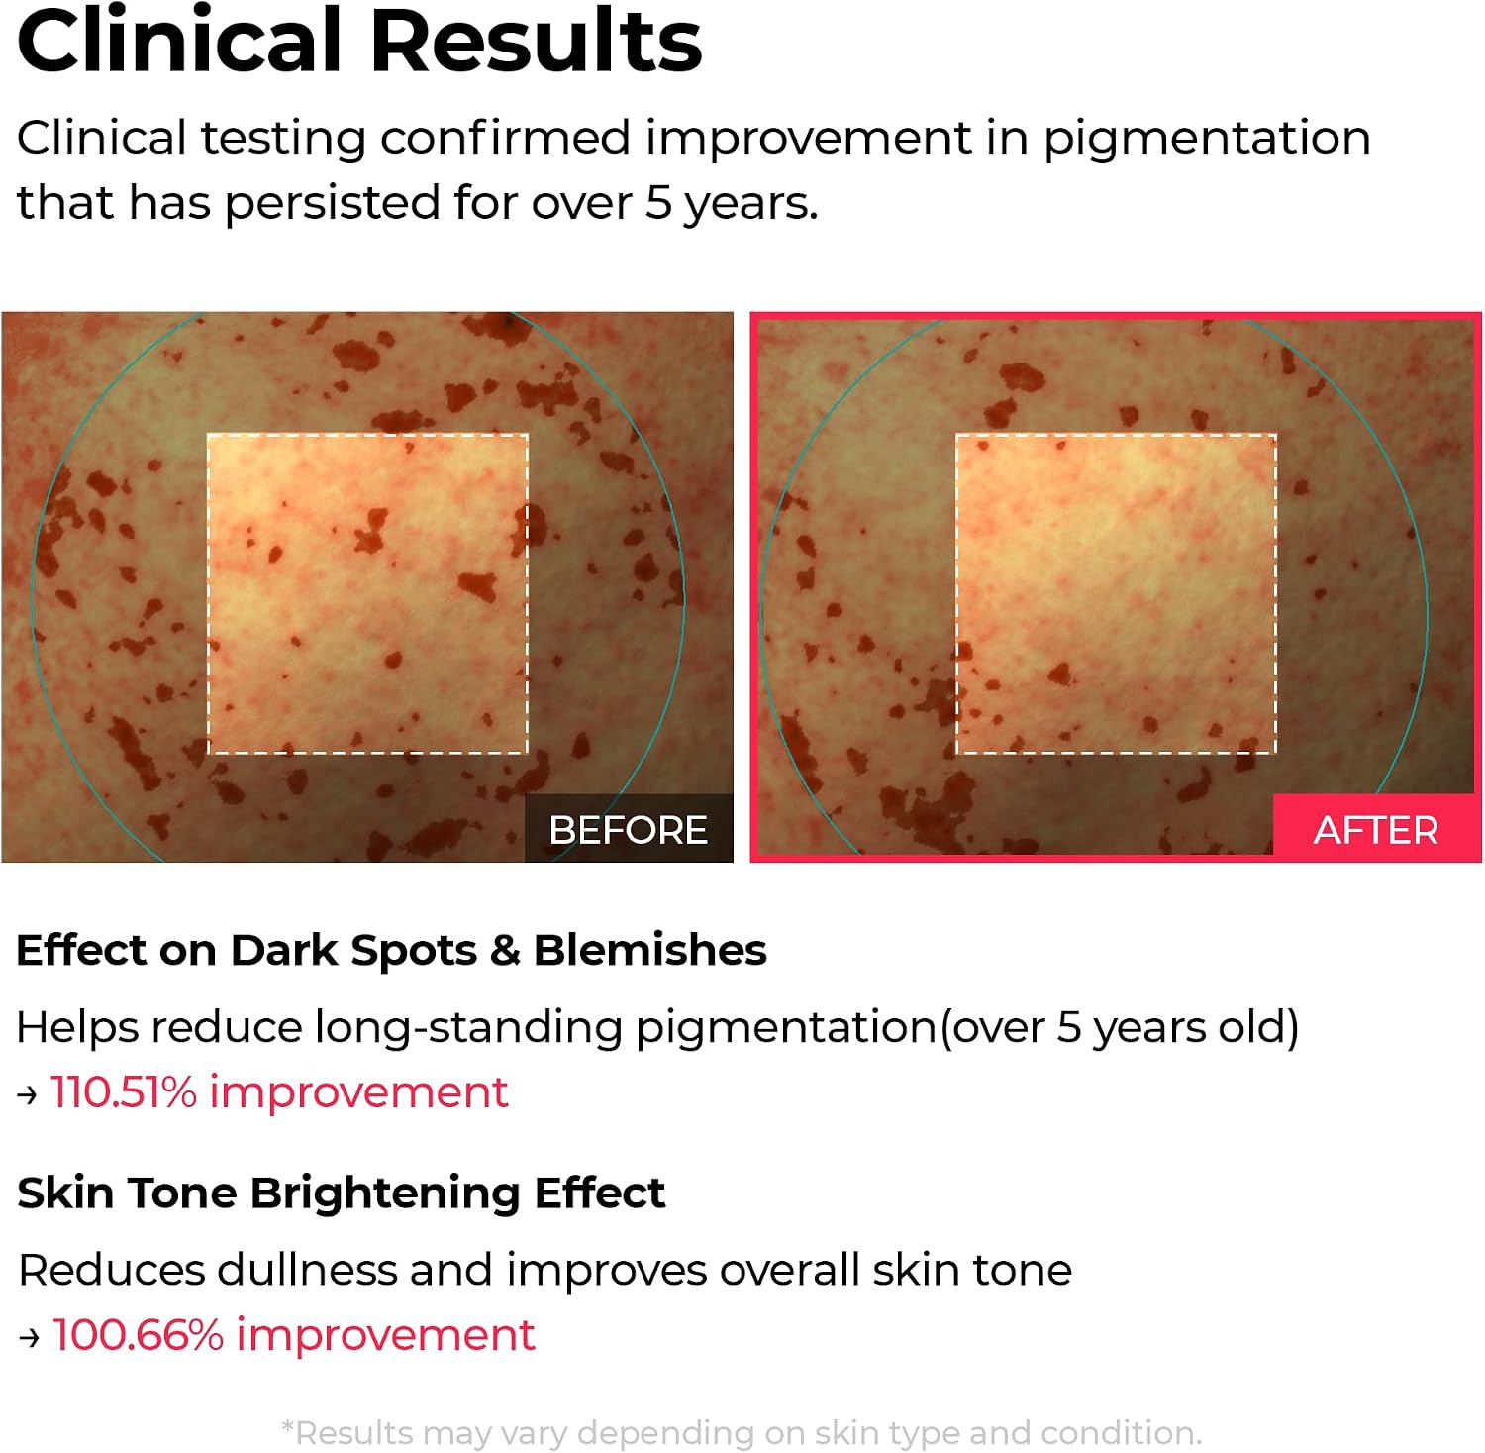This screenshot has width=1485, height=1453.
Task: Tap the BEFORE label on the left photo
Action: pyautogui.click(x=628, y=830)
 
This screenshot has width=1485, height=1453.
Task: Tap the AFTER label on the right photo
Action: pyautogui.click(x=1376, y=830)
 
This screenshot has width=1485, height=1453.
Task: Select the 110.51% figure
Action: pyautogui.click(x=124, y=1092)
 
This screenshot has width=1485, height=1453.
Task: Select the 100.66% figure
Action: pyautogui.click(x=138, y=1335)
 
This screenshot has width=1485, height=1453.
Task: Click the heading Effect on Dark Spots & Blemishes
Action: pyautogui.click(x=391, y=951)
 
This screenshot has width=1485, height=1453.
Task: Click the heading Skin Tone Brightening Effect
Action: pyautogui.click(x=341, y=1194)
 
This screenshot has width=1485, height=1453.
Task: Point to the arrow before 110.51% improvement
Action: pyautogui.click(x=28, y=1095)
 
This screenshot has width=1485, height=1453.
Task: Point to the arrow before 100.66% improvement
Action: pyautogui.click(x=29, y=1338)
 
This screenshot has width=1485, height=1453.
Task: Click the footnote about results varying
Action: pyautogui.click(x=742, y=1433)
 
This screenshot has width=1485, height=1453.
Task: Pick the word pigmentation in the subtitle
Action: pyautogui.click(x=1207, y=139)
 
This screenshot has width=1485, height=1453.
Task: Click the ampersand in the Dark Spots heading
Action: pyautogui.click(x=505, y=951)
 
